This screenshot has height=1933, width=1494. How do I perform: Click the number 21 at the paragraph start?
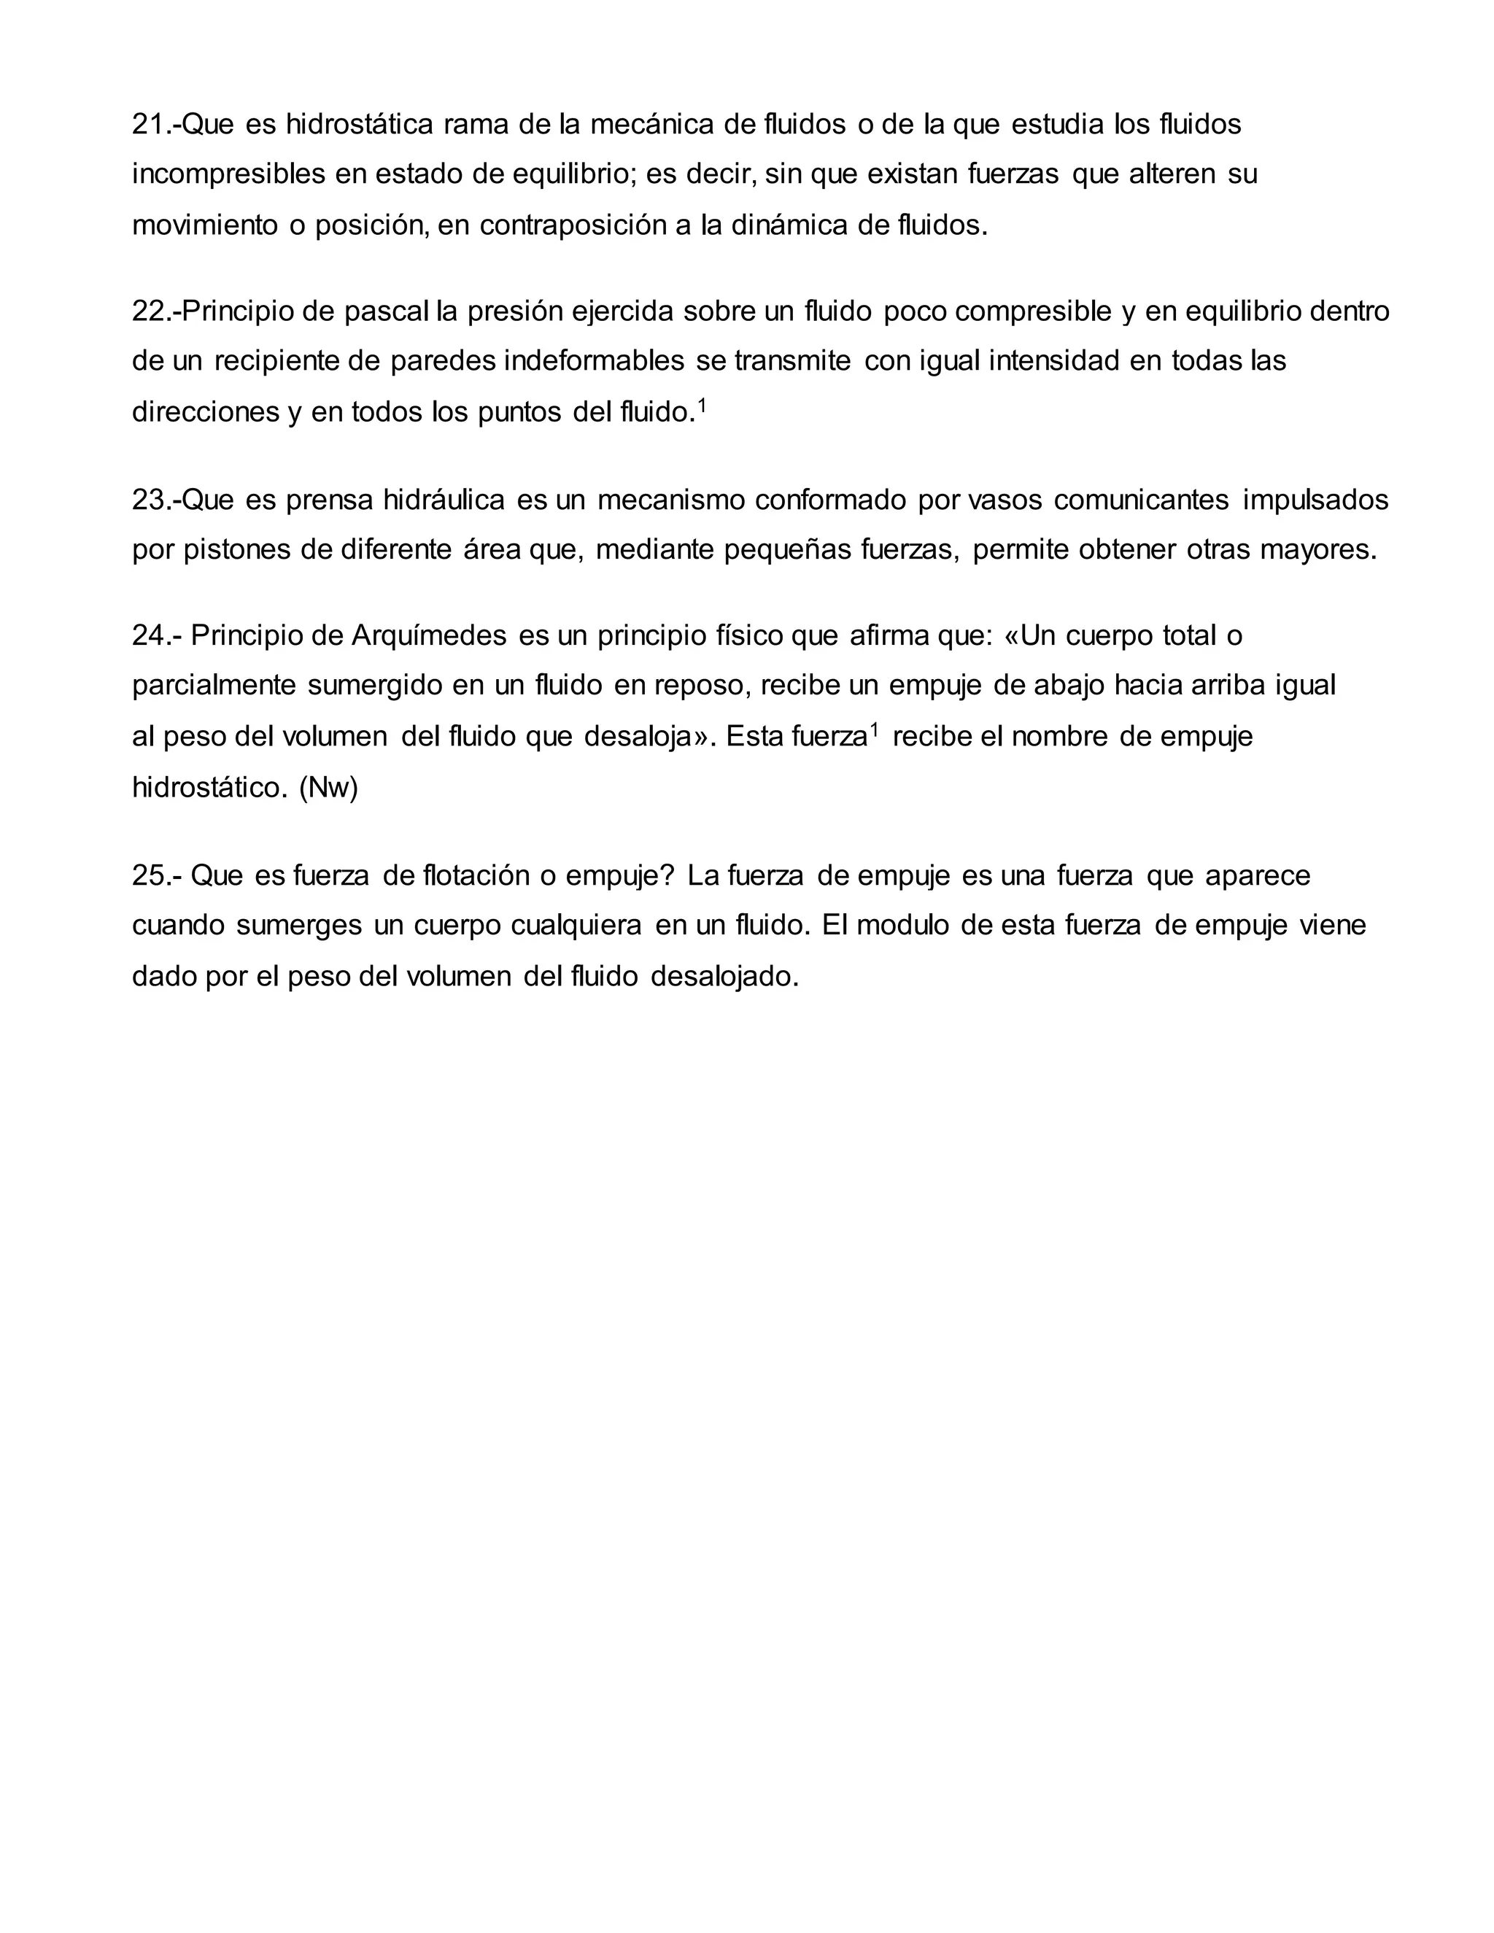tap(147, 125)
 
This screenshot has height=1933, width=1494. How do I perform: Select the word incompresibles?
tap(228, 175)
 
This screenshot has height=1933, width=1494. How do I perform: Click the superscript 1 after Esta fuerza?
tap(875, 730)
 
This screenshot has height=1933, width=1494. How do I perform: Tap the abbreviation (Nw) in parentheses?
tap(328, 787)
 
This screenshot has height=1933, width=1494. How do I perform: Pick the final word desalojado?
tap(724, 976)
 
